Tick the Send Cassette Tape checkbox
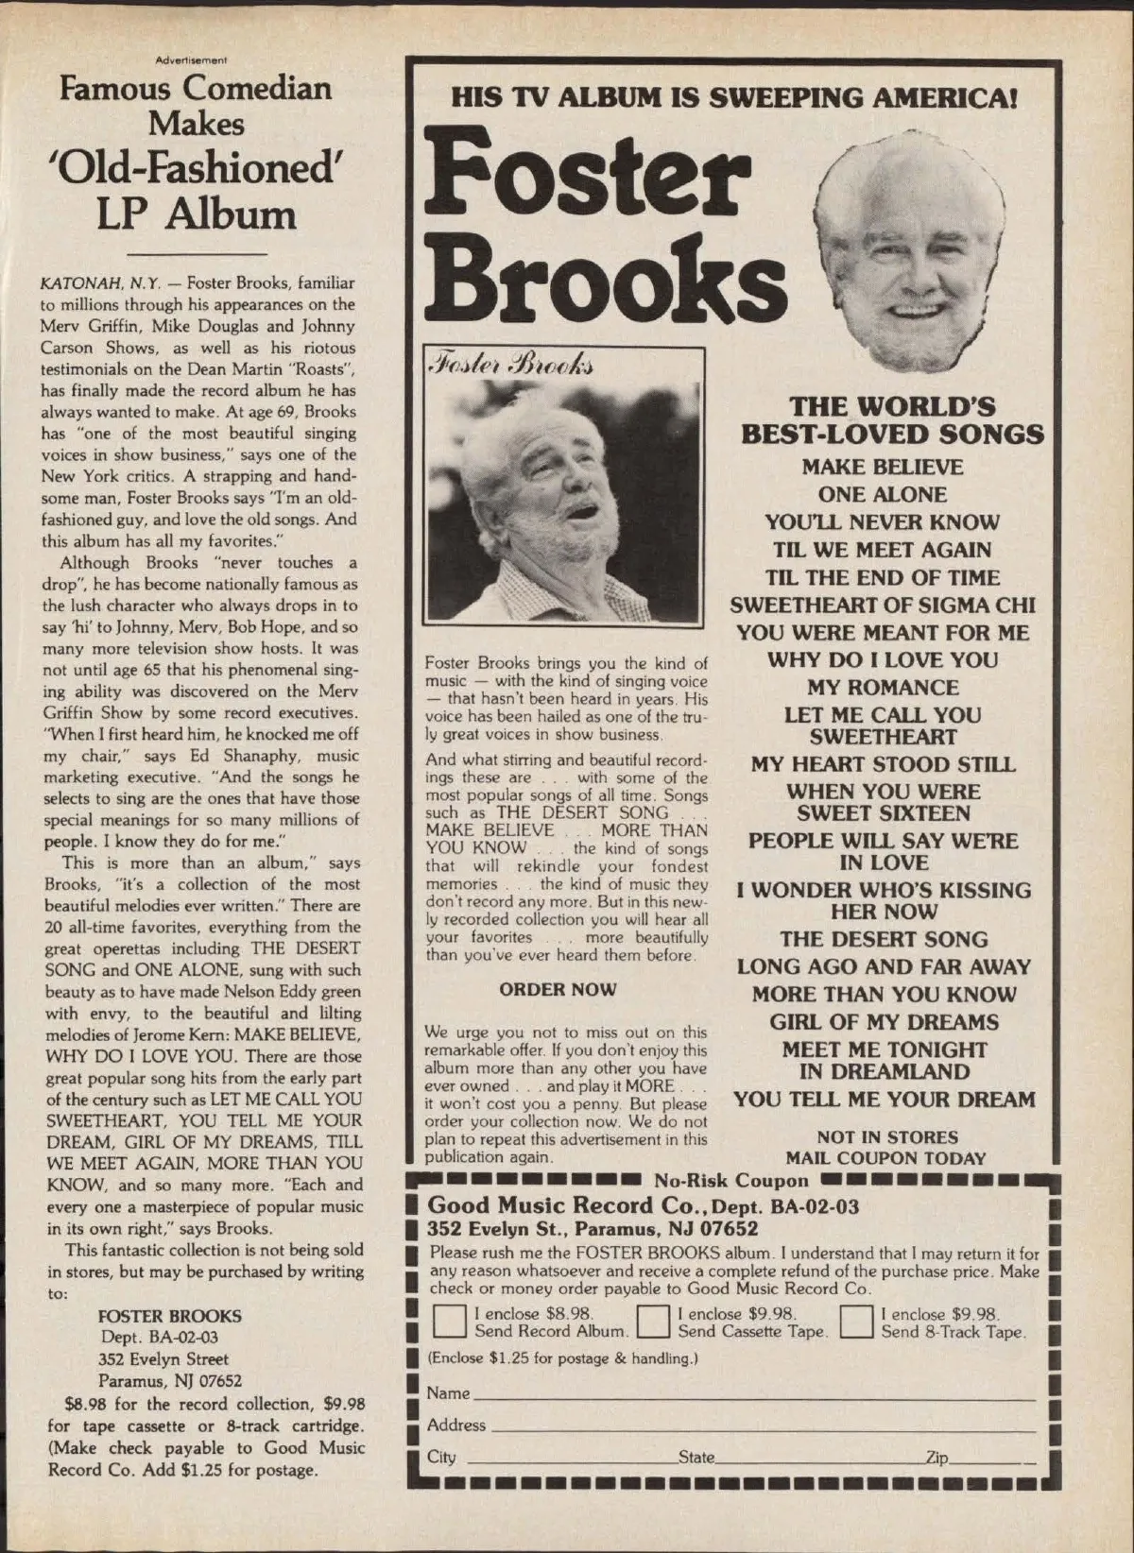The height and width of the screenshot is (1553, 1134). click(x=653, y=1322)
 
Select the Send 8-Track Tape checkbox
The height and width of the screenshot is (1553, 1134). click(x=856, y=1322)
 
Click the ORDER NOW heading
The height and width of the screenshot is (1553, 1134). click(x=558, y=989)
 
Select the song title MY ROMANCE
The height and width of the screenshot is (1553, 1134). click(x=883, y=688)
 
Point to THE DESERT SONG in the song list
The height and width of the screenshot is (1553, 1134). click(x=883, y=940)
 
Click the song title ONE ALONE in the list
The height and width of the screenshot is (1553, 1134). click(x=883, y=494)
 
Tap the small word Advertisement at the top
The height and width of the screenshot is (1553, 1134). click(x=192, y=60)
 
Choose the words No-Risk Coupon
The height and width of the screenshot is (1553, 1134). click(x=730, y=1180)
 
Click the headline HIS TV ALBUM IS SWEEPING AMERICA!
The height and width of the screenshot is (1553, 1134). click(x=733, y=96)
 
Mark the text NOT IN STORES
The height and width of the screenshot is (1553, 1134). click(x=886, y=1137)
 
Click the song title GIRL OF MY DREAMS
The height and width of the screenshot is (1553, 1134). click(x=883, y=1022)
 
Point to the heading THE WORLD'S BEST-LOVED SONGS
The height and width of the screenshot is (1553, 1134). click(x=892, y=420)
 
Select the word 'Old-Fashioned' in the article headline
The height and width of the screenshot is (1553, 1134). click(x=197, y=168)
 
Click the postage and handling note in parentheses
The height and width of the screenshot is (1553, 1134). click(x=562, y=1358)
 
